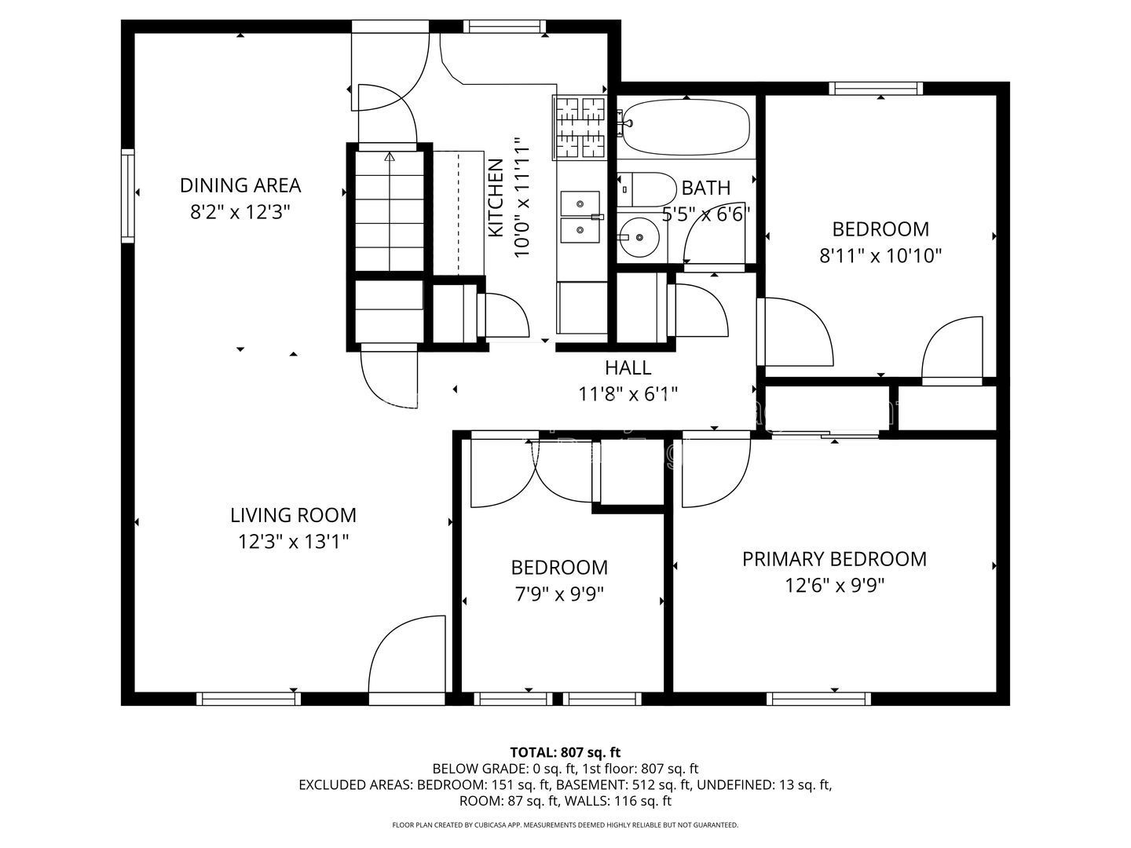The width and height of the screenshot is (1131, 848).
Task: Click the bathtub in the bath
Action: [686, 126]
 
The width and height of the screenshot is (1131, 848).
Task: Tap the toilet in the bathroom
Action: [646, 189]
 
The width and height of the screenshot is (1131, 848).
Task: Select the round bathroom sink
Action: [639, 237]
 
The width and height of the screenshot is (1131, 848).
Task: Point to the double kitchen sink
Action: [580, 217]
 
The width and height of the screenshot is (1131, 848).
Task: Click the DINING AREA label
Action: [240, 185]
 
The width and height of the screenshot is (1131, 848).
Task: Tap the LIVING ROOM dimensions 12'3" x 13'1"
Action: [293, 542]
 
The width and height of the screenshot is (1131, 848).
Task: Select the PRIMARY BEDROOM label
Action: [834, 559]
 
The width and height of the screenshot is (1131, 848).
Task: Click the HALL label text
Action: [628, 367]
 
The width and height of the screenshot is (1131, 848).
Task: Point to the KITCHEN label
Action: [495, 198]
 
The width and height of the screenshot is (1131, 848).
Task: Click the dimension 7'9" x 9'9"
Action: [559, 594]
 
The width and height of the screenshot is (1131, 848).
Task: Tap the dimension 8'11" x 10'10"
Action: [880, 256]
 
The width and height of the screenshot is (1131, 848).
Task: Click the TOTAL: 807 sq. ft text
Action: [565, 753]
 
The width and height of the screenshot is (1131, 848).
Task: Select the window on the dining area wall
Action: [128, 196]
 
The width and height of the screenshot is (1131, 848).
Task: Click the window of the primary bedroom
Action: [818, 699]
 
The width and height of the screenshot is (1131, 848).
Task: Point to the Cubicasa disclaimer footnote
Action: [565, 824]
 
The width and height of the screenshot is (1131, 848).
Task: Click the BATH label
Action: [706, 188]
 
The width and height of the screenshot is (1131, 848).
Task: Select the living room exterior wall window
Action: [248, 699]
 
